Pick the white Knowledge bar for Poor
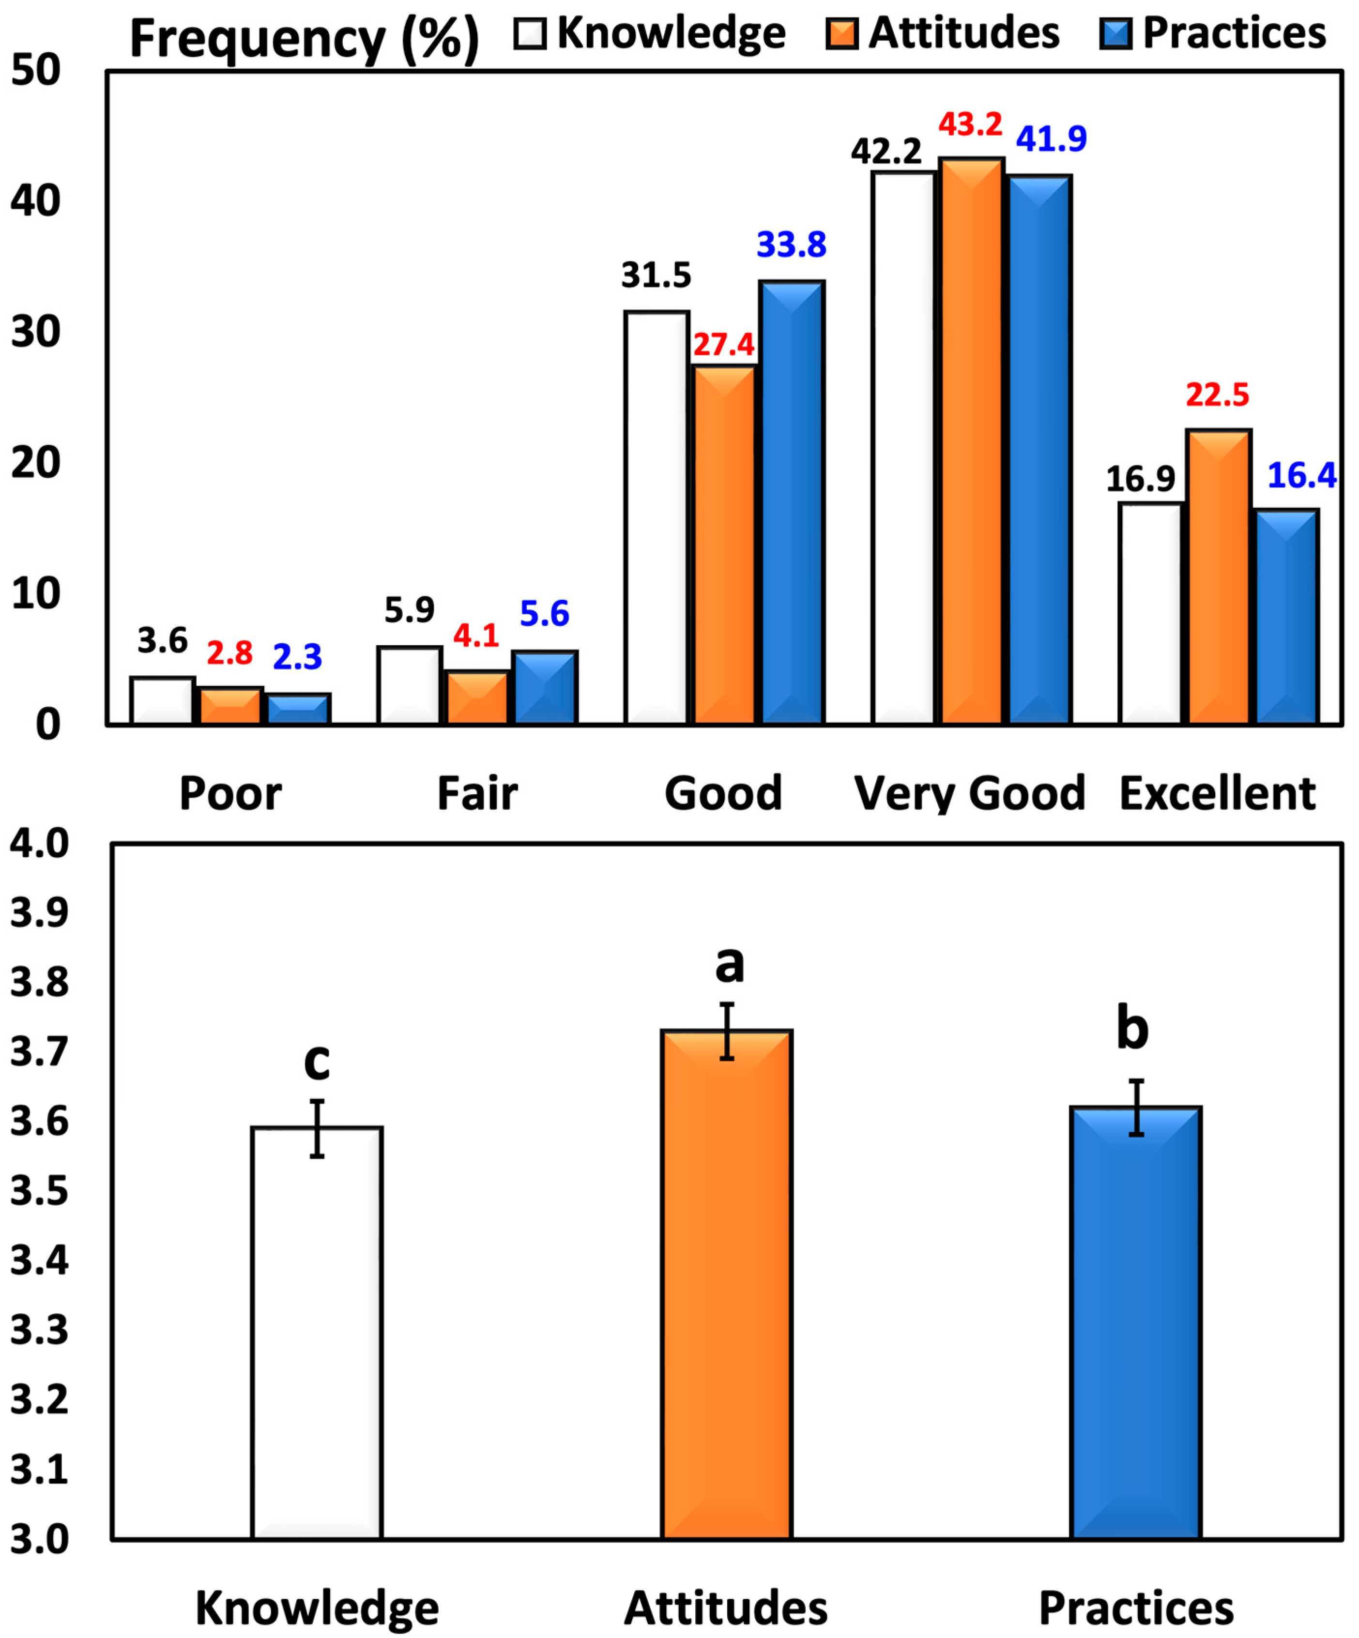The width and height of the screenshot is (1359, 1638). tap(162, 701)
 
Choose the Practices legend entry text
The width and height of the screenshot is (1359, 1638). tap(1234, 33)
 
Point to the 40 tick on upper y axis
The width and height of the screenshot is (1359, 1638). tap(36, 202)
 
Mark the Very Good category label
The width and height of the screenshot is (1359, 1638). tap(970, 794)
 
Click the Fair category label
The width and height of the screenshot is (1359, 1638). tap(477, 794)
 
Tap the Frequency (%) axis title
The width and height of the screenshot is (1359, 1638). tap(304, 37)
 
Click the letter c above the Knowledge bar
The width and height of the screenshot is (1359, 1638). tap(317, 1062)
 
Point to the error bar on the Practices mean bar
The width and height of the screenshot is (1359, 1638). tap(1137, 1107)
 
